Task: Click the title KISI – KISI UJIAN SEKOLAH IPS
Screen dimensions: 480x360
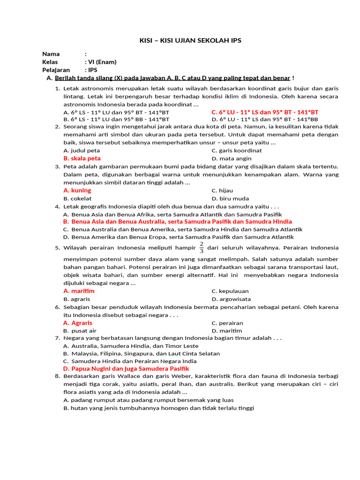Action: [x=190, y=41]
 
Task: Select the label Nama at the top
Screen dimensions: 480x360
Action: [x=51, y=54]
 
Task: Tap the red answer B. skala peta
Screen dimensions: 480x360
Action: [x=82, y=158]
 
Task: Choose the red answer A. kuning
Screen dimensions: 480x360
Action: [x=77, y=190]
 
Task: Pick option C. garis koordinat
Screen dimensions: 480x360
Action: [x=236, y=150]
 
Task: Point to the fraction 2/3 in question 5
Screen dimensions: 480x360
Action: [x=202, y=247]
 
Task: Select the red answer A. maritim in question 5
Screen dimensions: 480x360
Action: [x=79, y=291]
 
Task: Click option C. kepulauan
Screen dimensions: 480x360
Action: [x=230, y=291]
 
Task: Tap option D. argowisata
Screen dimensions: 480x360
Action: [x=231, y=299]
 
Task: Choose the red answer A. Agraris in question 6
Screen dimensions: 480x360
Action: [x=78, y=323]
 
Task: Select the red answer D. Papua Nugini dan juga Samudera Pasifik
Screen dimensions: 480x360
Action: [x=126, y=369]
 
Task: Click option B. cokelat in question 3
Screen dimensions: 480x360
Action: [x=77, y=198]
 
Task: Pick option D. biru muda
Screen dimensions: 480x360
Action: [x=230, y=198]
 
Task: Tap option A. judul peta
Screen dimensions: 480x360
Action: [x=82, y=150]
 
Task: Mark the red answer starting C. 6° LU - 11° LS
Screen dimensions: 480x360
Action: [x=264, y=112]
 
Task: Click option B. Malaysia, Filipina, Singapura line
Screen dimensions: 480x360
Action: [x=141, y=353]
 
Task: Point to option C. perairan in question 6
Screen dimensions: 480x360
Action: [x=227, y=323]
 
